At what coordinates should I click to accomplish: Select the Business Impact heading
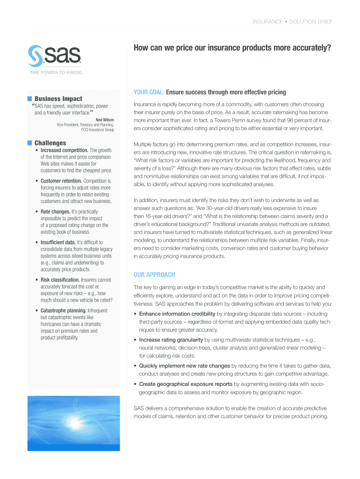click(58, 99)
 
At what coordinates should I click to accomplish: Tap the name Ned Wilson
click(105, 120)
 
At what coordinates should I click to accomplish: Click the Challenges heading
click(50, 143)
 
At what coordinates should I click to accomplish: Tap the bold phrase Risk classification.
click(60, 280)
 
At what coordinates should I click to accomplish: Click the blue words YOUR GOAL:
click(149, 92)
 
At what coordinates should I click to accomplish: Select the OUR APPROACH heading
click(154, 275)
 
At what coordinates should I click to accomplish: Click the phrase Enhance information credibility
click(177, 314)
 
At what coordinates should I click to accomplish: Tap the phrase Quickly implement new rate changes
click(184, 366)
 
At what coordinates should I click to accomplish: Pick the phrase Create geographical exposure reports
click(186, 385)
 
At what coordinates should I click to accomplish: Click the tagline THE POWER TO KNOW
click(56, 73)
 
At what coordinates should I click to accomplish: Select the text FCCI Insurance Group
click(97, 130)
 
